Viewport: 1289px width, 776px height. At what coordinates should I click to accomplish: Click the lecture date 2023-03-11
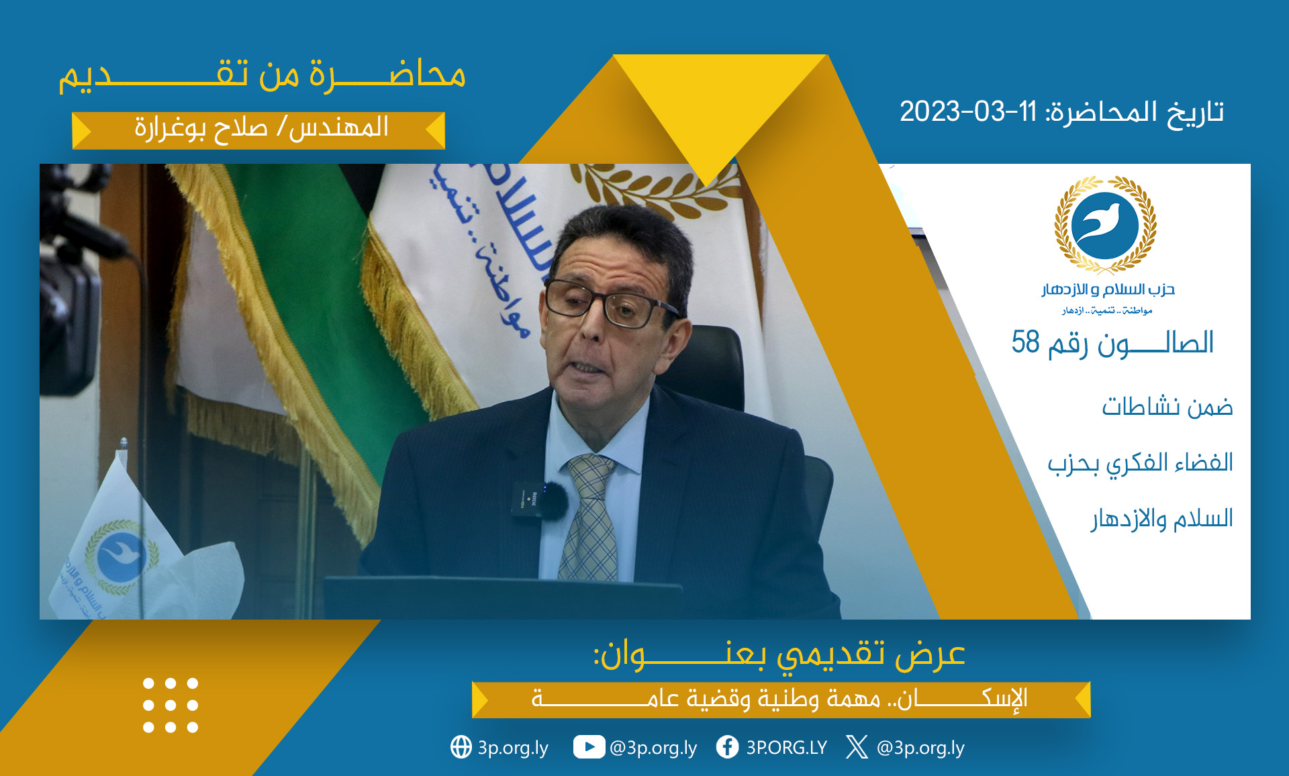click(968, 111)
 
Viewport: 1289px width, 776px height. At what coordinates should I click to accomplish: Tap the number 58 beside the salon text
click(1025, 342)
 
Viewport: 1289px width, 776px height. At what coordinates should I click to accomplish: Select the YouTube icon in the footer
click(589, 747)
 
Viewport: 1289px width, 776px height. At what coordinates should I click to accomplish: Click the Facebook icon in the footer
click(727, 747)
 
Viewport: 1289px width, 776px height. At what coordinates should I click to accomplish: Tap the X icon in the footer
click(857, 747)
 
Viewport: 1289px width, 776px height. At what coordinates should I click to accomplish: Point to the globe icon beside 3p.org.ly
click(461, 747)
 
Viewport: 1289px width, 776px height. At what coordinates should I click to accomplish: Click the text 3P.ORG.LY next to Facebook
click(786, 748)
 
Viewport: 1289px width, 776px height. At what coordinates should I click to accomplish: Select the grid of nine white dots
click(171, 706)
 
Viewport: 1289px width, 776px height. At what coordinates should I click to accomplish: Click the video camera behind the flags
click(70, 282)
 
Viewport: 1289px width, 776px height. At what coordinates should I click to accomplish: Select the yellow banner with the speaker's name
click(258, 130)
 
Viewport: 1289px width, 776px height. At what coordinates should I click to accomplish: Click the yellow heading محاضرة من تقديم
click(262, 75)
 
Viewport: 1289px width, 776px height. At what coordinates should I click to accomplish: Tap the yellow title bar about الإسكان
click(781, 699)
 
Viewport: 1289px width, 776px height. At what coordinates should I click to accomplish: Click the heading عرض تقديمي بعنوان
click(779, 654)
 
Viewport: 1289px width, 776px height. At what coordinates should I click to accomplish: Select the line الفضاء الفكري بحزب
click(1140, 463)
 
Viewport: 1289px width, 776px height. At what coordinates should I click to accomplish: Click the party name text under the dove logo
click(1108, 289)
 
